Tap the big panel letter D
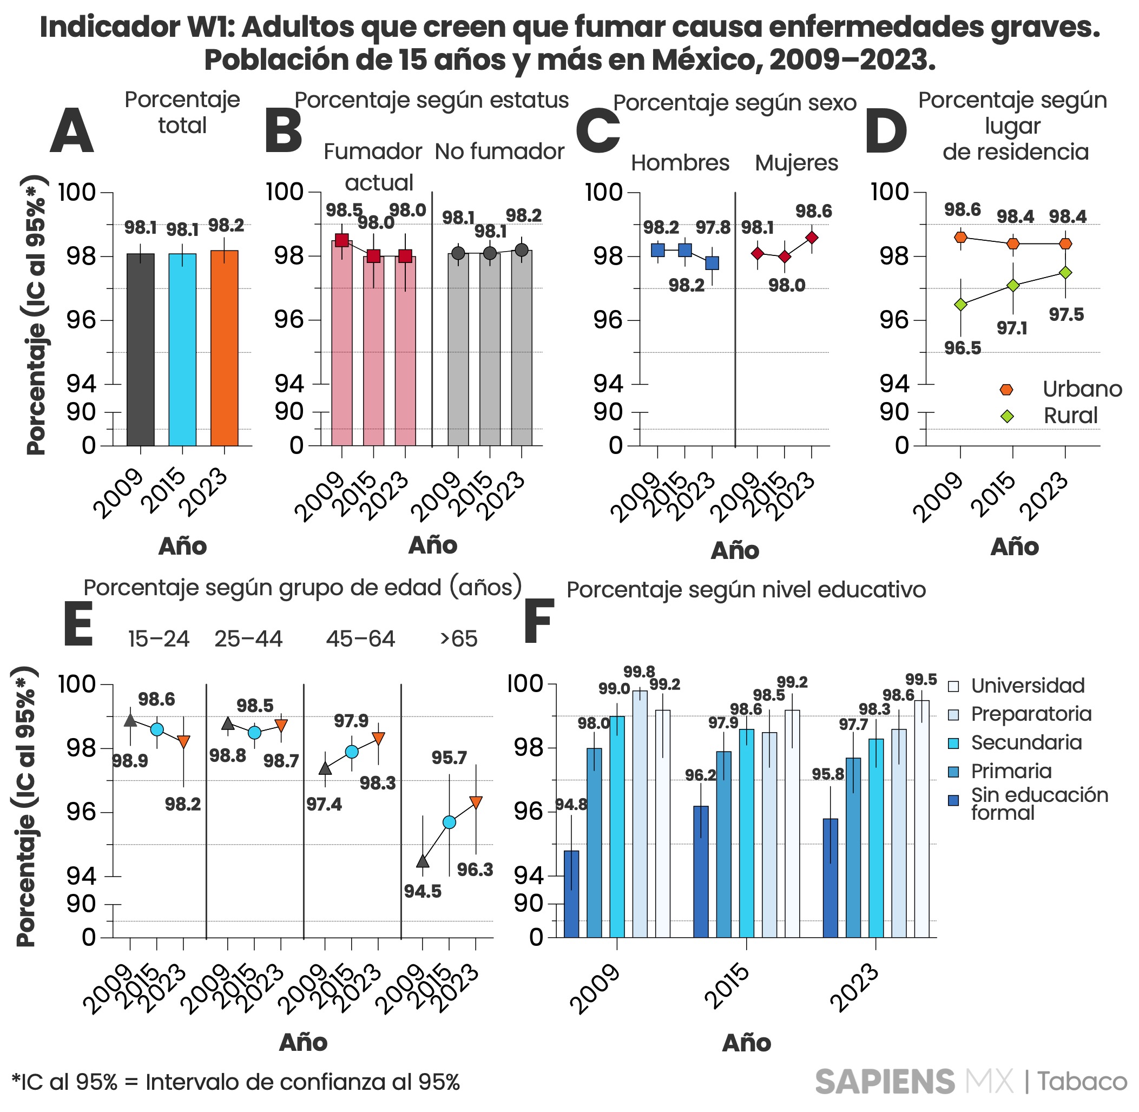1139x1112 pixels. point(886,131)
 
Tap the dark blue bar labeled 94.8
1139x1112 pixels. point(571,893)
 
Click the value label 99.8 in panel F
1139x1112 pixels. point(639,672)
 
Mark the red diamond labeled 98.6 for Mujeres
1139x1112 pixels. point(811,238)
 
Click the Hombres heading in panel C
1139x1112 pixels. point(680,163)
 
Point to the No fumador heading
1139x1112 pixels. point(499,152)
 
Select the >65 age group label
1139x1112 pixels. point(458,639)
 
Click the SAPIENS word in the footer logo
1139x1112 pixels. point(885,1082)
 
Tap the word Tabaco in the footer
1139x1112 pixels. point(1082,1082)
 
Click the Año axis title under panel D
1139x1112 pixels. point(1015,547)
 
